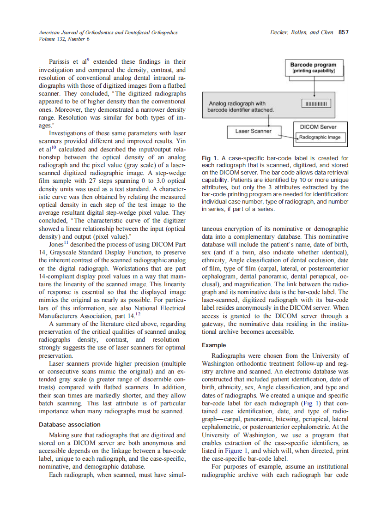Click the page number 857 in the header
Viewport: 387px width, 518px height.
343,32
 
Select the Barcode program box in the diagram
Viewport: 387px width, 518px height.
313,67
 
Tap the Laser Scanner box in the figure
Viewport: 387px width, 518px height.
250,131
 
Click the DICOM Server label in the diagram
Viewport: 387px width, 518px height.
318,127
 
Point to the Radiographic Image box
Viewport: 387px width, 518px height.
320,137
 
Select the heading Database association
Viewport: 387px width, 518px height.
69,424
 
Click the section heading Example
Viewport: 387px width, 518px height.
214,345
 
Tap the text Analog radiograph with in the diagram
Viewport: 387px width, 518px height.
237,104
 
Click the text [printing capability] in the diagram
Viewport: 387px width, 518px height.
313,71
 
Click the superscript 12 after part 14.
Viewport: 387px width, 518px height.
137,315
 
